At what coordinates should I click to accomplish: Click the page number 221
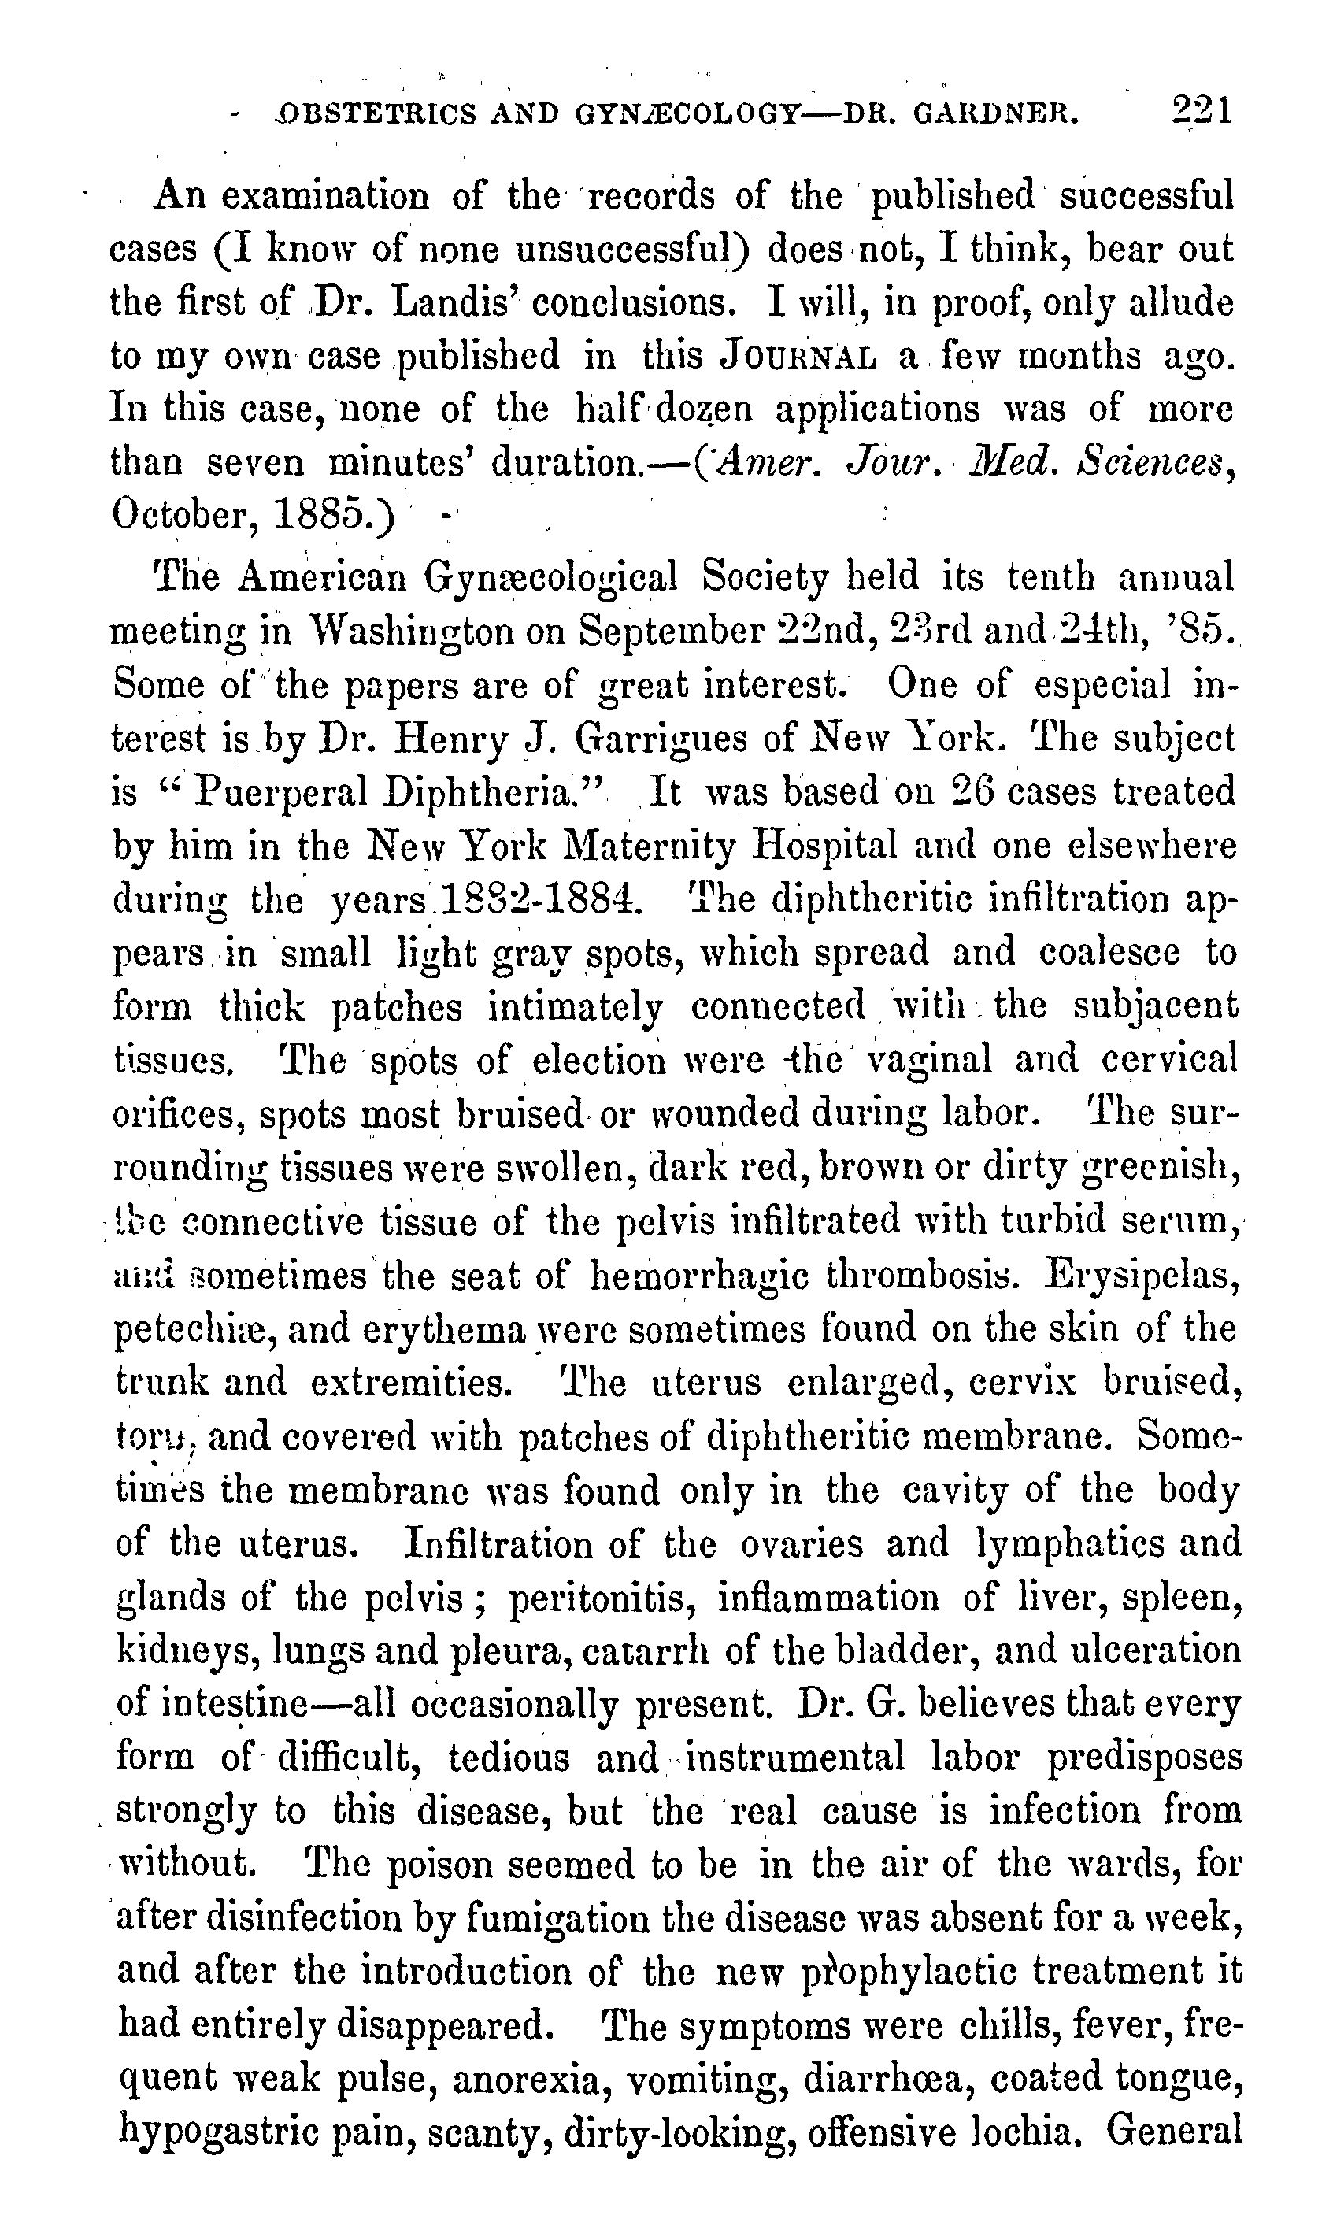[1202, 110]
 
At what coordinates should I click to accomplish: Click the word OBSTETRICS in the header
[378, 114]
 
